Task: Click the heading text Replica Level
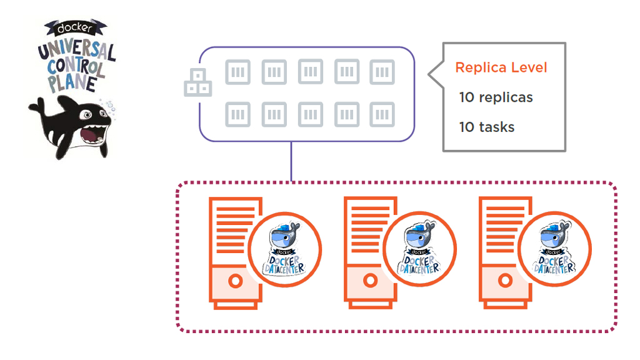tap(501, 67)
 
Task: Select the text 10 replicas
tap(496, 97)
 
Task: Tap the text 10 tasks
tap(487, 127)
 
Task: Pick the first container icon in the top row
tap(237, 72)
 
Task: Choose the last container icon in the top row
tap(382, 72)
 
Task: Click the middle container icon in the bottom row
tap(311, 115)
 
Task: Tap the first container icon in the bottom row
tap(237, 115)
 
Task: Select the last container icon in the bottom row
tap(382, 115)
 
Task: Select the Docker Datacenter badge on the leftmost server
tap(284, 249)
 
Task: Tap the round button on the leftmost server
tap(235, 281)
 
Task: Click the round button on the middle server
tap(370, 281)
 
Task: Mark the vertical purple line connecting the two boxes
tap(291, 161)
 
